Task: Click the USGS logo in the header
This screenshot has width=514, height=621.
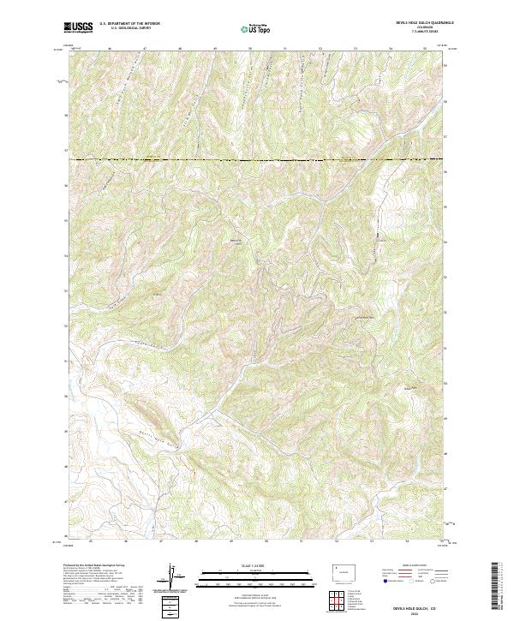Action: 78,27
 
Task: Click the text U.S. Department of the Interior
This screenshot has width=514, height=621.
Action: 129,24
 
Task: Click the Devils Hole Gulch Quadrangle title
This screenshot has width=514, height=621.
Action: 402,23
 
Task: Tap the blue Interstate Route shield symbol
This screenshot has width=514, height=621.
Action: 383,580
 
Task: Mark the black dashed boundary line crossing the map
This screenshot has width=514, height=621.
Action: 257,160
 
